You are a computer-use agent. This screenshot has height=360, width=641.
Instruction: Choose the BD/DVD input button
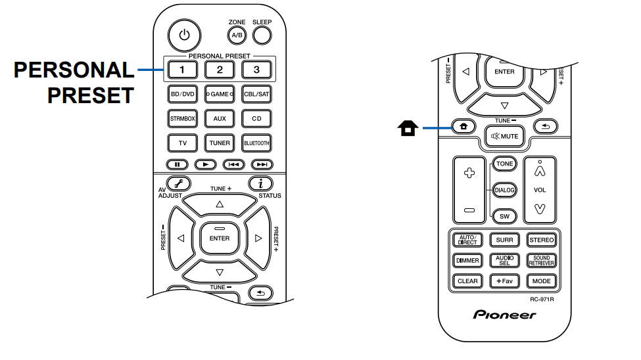pos(183,94)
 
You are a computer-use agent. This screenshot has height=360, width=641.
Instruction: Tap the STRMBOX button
pos(183,119)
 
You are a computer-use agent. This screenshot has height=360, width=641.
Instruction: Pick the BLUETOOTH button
pos(256,143)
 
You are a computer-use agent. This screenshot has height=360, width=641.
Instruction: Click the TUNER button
pos(220,143)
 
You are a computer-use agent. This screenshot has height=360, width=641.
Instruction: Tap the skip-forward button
pos(262,164)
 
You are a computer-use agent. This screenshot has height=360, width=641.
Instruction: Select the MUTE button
pos(504,136)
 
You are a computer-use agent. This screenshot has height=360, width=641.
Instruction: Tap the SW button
pos(505,215)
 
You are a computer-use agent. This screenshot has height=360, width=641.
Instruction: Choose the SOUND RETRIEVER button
pos(542,261)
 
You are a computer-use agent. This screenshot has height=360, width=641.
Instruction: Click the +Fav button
pos(505,281)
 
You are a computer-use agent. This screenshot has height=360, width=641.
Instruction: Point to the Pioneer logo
pos(505,315)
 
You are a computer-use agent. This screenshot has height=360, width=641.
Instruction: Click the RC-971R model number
pos(543,300)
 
